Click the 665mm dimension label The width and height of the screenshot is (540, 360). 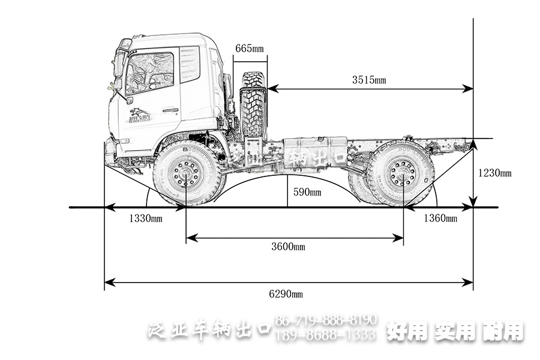click(x=248, y=48)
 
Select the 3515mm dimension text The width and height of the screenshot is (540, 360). click(x=368, y=80)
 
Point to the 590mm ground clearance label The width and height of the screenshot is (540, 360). click(x=307, y=193)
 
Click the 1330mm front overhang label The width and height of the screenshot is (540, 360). click(x=145, y=218)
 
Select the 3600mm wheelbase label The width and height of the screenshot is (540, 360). click(x=288, y=247)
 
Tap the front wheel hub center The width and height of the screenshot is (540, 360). click(x=186, y=175)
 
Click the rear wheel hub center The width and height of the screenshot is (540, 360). click(x=403, y=174)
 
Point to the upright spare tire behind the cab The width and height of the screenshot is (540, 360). click(x=253, y=105)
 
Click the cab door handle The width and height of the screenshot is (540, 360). click(x=170, y=110)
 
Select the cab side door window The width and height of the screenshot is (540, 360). click(x=149, y=73)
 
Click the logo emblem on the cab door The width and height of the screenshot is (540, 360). click(x=140, y=115)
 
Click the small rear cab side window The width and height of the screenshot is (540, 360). click(x=190, y=64)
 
